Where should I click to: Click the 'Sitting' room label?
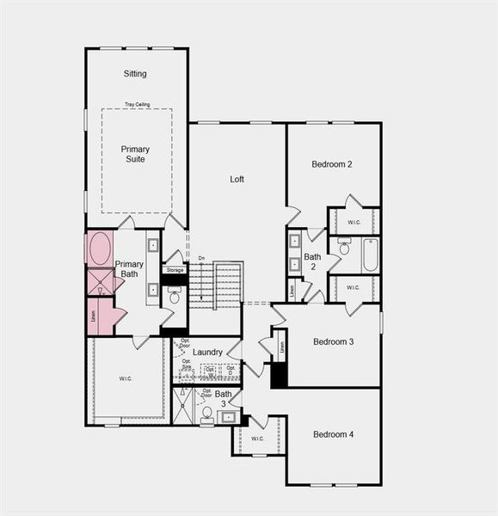point(135,74)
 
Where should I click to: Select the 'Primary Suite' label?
point(134,154)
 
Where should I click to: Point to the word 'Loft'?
point(237,180)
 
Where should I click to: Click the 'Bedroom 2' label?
point(332,164)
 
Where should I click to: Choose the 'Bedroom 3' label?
point(334,341)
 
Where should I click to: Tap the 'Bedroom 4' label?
point(334,434)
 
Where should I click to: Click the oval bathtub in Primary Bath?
point(99,248)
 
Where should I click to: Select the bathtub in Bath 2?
point(370,255)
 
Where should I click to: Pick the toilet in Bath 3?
point(207,414)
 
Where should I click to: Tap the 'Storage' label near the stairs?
point(175,270)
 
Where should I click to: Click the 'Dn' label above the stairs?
point(201,258)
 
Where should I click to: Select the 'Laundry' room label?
point(207,353)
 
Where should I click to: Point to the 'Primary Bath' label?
point(129,269)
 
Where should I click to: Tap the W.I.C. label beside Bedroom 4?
point(258,439)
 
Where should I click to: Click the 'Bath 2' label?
point(312,261)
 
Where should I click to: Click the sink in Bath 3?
point(228,417)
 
